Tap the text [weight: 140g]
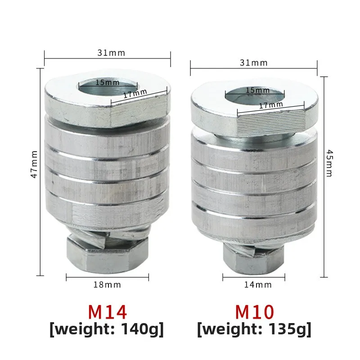coord(107,329)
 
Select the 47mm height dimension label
coord(34,164)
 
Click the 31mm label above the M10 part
coord(253,63)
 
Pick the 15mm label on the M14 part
coord(107,83)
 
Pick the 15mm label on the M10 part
coord(255,90)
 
